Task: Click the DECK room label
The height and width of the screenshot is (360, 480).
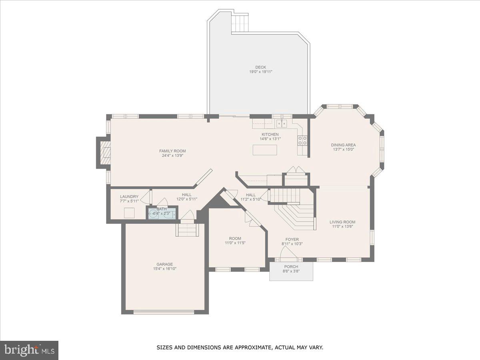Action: pos(261,67)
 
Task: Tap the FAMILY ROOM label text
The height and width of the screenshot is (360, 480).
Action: pos(172,151)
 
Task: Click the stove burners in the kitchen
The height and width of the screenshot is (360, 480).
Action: pos(302,140)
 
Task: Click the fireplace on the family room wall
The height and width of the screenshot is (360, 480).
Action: pos(105,152)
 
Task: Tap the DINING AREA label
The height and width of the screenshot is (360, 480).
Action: pos(343,145)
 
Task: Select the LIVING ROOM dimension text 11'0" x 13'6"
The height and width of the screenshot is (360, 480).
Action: pos(342,226)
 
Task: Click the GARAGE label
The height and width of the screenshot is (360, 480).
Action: pos(164,264)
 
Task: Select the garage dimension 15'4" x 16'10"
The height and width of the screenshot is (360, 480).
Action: pos(164,269)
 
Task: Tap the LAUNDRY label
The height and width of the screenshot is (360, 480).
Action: pos(129,196)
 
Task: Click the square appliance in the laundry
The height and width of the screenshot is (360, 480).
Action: pos(129,213)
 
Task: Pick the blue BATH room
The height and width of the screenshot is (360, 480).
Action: pos(162,214)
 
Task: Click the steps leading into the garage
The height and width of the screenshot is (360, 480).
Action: pos(187,230)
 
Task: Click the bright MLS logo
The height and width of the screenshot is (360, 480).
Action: pos(29,350)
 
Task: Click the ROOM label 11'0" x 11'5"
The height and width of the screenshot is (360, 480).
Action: pos(235,238)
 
